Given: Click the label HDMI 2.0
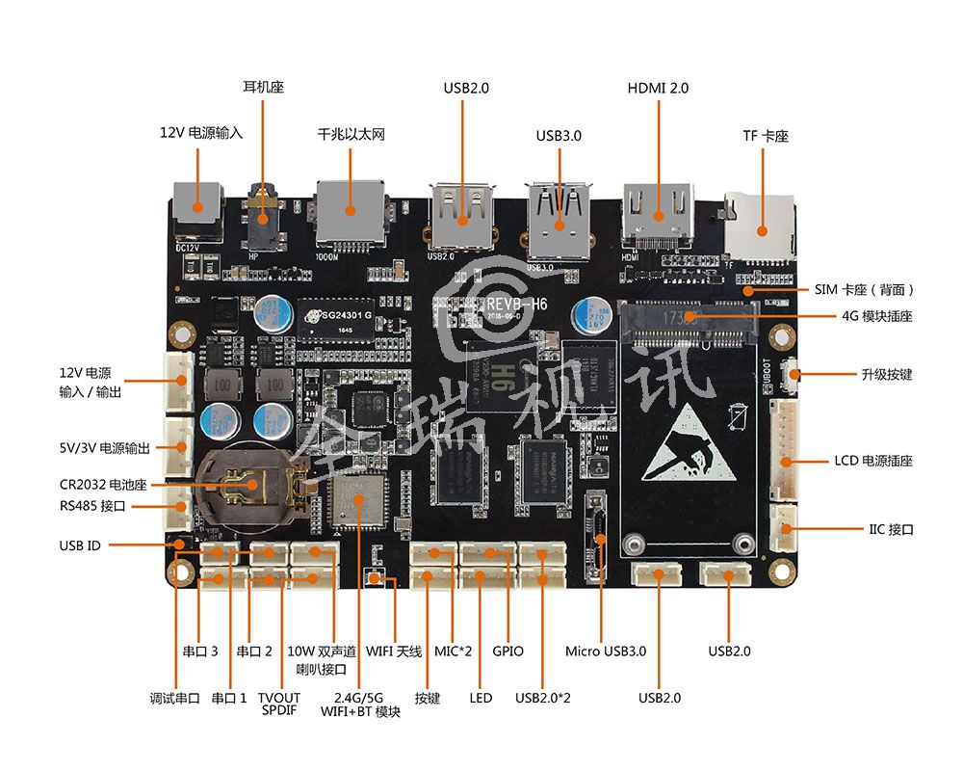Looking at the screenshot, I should [x=658, y=88].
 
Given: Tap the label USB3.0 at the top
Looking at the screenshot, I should [x=559, y=136].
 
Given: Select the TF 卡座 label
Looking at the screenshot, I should [x=765, y=137].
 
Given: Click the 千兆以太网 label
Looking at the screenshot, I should [x=351, y=134].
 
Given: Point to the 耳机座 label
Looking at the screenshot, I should [x=263, y=87].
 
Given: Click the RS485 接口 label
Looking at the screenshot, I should [x=92, y=506].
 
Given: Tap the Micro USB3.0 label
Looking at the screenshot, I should [x=606, y=651].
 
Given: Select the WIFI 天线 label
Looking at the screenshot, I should [x=394, y=651].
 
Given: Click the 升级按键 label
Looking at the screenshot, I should [x=885, y=374].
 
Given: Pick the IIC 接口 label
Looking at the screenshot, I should [x=890, y=529].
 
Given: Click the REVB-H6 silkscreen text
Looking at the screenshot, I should [x=517, y=305].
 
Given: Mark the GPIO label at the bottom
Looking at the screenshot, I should [x=508, y=651].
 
